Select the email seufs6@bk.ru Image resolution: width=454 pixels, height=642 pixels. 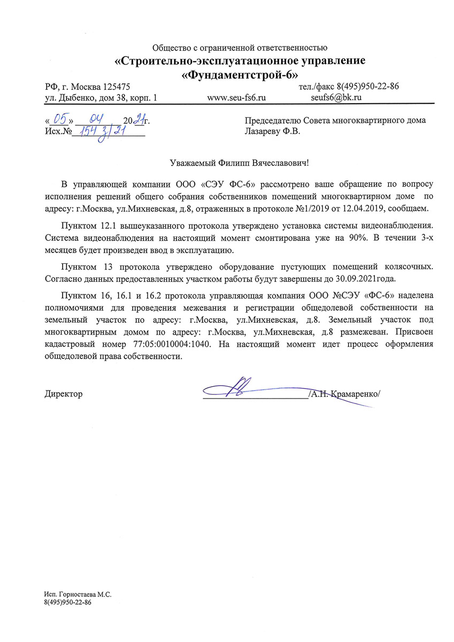(x=337, y=98)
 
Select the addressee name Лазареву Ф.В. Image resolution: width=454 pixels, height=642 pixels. (x=272, y=131)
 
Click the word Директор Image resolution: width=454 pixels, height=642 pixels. (x=63, y=394)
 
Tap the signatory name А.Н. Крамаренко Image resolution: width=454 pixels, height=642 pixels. (x=345, y=394)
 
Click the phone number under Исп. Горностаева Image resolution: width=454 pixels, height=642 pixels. (x=68, y=602)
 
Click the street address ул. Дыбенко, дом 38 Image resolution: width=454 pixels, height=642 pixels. (x=89, y=98)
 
